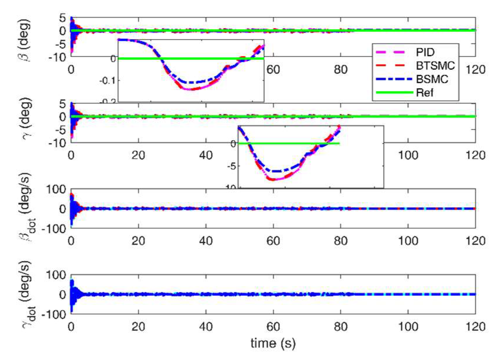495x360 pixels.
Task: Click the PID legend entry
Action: point(425,52)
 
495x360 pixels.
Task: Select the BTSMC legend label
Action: point(435,66)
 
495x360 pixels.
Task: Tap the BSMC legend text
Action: point(432,79)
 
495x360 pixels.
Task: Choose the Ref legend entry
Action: point(424,93)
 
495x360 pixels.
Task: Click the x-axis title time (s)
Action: point(273,343)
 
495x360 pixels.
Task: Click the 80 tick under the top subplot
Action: point(341,70)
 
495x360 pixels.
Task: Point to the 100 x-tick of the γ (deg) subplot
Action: point(408,155)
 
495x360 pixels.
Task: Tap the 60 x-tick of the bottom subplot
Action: point(273,326)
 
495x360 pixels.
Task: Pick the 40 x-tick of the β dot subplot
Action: point(206,241)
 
